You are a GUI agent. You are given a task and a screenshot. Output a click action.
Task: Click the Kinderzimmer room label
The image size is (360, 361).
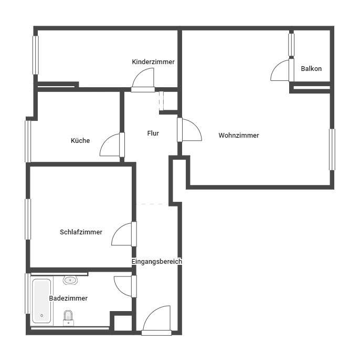click(153, 62)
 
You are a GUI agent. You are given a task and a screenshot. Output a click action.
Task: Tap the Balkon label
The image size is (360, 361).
click(311, 69)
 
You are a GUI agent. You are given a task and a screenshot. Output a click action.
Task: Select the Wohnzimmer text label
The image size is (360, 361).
click(239, 136)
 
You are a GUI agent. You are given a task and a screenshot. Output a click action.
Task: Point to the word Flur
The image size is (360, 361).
click(153, 133)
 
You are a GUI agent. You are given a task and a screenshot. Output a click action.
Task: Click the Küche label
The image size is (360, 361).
click(80, 141)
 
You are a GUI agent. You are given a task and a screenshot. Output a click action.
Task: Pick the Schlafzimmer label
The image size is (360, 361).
click(81, 232)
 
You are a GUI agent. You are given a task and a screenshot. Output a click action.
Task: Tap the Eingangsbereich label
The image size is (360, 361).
click(157, 261)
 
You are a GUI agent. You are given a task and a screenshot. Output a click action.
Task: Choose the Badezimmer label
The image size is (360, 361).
click(68, 298)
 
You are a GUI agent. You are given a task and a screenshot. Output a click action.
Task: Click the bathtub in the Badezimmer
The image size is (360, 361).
click(41, 301)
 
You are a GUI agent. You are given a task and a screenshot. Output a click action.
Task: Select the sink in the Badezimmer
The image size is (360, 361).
click(70, 280)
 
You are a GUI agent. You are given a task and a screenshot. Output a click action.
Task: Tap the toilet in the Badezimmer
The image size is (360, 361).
click(68, 317)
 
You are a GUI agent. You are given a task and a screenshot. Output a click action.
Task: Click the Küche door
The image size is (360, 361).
click(111, 145)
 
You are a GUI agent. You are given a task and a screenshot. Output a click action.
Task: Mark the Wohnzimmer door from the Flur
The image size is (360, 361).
click(190, 130)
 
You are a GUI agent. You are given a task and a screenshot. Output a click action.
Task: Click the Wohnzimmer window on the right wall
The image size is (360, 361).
click(332, 149)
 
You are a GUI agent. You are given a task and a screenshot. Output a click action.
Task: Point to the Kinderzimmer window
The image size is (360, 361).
click(36, 55)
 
